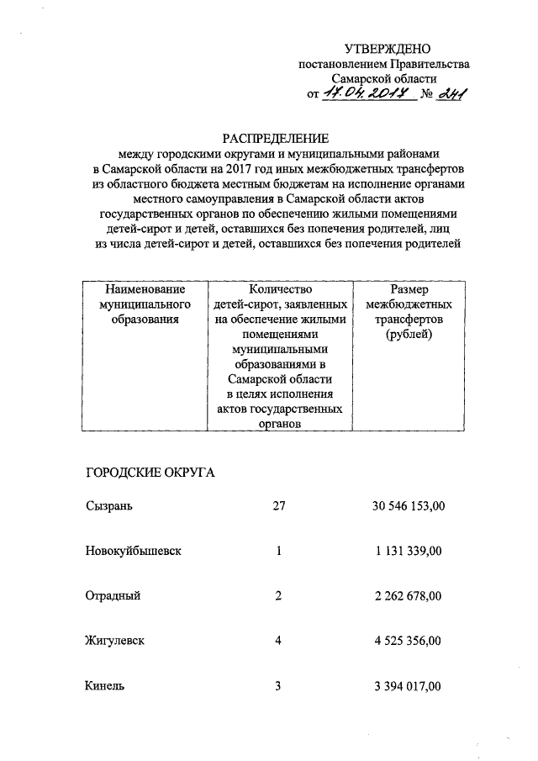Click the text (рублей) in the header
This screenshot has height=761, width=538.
[409, 335]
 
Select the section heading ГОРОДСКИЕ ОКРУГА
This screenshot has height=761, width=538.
[150, 473]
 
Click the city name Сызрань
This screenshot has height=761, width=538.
[108, 506]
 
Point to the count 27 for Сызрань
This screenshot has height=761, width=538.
[280, 506]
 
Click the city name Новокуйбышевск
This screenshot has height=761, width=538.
[134, 552]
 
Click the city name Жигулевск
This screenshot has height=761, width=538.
[115, 642]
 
